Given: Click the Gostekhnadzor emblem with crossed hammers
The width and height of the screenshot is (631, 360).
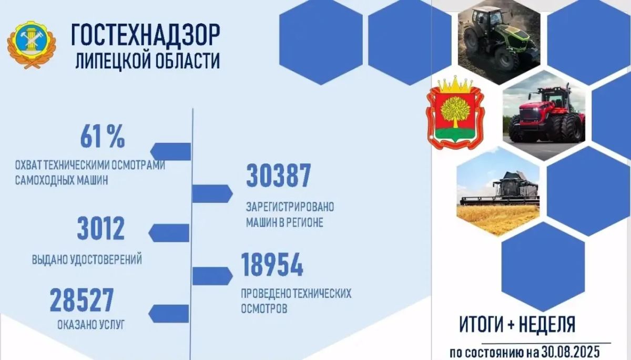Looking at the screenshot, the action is pos(31,45).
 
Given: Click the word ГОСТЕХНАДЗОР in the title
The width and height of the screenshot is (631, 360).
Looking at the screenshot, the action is pos(145,35).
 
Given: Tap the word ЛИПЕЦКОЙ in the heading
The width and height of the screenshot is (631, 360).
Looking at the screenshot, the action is pos(111,61).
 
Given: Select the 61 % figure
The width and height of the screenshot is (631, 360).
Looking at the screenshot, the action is pos(103,137).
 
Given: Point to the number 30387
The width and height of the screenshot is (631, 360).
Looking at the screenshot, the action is pos(278,176).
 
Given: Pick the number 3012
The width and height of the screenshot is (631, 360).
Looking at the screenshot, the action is pos(100,228).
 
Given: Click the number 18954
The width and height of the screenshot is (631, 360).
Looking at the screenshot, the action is pos(272,265).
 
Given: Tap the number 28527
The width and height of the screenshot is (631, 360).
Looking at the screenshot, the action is pos(82,300).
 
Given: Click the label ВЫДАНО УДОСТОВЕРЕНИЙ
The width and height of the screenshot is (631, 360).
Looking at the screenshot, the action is pos(87,260).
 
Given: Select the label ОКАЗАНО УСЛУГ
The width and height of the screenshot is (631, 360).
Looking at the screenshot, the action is pos(91,325).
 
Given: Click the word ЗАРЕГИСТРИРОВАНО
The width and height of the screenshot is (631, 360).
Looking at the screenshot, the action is pos(290,207).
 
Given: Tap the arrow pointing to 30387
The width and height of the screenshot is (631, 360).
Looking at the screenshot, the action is pos(212,193).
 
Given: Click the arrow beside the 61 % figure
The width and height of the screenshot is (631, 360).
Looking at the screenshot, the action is pos(170,151).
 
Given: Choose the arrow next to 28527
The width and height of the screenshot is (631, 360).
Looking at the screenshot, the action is pos(168,314).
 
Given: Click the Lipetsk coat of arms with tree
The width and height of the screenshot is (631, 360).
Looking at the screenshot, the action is pos(455,112).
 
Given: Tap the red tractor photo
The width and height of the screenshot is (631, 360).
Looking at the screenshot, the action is pos(544,116).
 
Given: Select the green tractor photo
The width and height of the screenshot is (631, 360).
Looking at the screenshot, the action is pos(499,42).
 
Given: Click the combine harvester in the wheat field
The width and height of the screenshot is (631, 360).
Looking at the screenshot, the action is pos(498,191).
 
